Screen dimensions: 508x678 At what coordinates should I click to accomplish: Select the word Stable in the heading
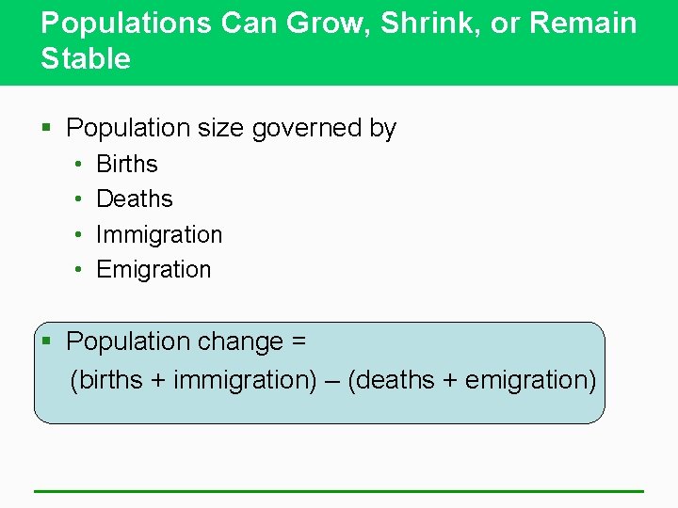pyautogui.click(x=86, y=59)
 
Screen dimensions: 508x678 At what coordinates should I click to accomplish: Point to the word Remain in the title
pyautogui.click(x=583, y=24)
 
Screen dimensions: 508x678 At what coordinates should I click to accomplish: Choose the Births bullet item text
pyautogui.click(x=127, y=165)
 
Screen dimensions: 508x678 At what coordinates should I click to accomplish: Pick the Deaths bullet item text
pyautogui.click(x=135, y=199)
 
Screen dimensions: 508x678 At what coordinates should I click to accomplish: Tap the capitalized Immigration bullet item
pyautogui.click(x=159, y=234)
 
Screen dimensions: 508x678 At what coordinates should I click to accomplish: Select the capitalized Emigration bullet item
pyautogui.click(x=153, y=270)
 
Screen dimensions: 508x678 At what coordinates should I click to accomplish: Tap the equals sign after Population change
pyautogui.click(x=299, y=341)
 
